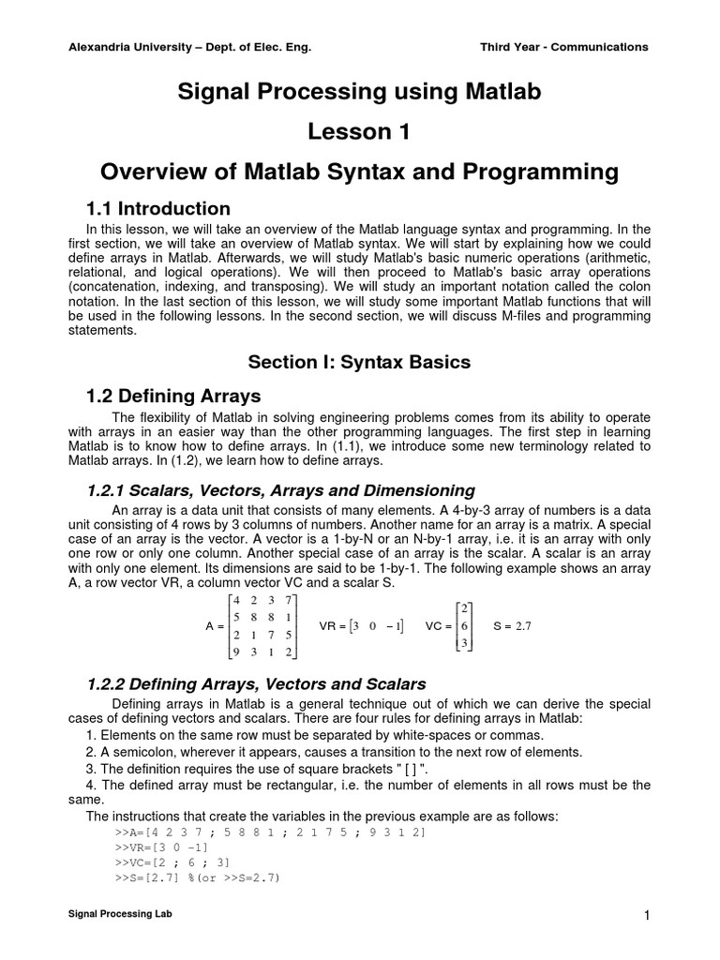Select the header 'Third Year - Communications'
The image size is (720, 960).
point(563,47)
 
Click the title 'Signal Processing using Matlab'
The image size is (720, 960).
point(360,92)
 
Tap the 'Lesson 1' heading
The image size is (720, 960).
point(360,131)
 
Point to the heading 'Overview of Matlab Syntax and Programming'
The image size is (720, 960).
point(360,172)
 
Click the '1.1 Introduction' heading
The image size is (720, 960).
point(158,208)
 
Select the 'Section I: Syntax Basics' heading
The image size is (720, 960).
point(359,362)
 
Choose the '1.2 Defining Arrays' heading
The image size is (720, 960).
point(173,396)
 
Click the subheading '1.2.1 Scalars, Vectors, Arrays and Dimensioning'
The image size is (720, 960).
point(280,490)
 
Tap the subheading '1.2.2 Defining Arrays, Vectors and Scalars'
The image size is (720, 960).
point(256,683)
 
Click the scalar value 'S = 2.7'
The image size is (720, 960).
point(512,626)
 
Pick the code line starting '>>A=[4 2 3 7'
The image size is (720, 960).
point(269,832)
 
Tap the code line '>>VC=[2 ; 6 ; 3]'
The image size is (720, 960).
point(172,862)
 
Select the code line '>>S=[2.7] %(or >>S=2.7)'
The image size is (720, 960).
point(198,877)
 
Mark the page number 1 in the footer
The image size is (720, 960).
point(647,915)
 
